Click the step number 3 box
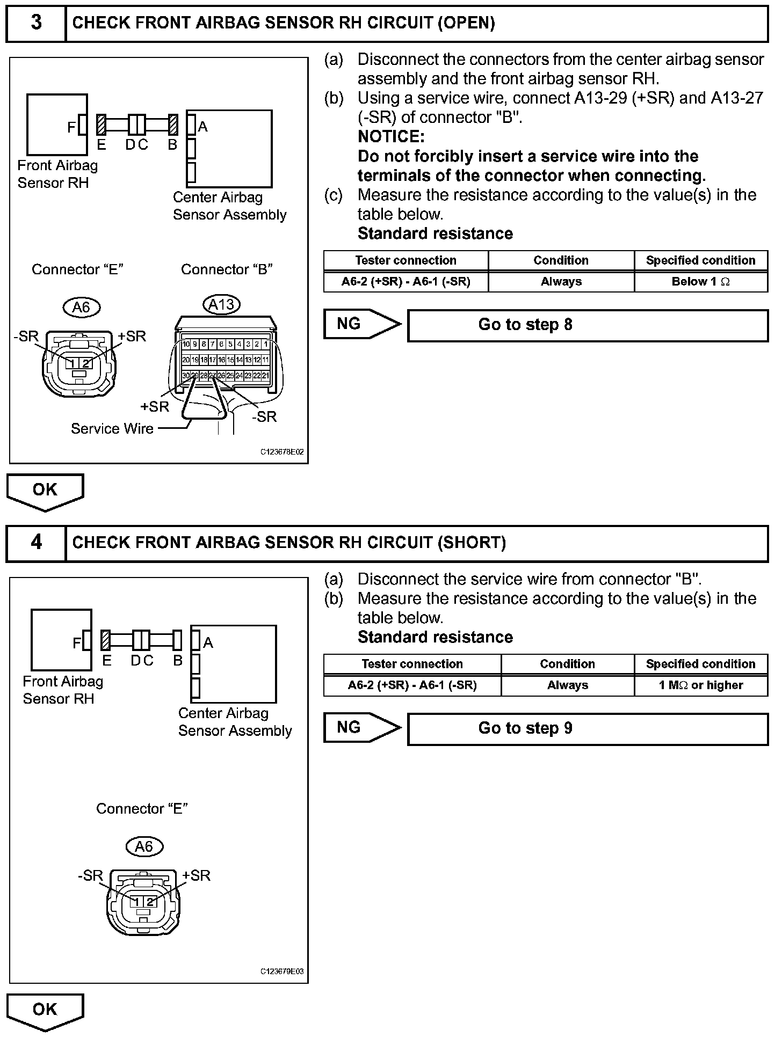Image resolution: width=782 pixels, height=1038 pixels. (36, 23)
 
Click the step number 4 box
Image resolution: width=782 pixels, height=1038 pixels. (36, 543)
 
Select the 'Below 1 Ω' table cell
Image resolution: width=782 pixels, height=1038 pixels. (700, 282)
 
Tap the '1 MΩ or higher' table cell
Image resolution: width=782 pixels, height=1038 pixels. (700, 685)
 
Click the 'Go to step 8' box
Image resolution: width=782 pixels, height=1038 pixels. (588, 325)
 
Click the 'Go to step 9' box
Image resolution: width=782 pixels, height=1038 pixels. (588, 729)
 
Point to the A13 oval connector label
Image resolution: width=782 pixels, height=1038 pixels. (221, 305)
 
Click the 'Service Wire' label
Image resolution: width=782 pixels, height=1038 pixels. (112, 428)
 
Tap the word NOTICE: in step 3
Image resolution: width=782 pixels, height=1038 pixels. (391, 137)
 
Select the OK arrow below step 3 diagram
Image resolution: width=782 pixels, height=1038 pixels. (45, 491)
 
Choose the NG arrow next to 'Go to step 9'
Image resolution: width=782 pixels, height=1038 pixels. (361, 728)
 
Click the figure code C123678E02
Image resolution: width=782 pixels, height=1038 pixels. (282, 452)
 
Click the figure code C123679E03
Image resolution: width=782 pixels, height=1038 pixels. (282, 971)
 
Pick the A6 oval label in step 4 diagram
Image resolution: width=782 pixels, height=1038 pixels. (144, 846)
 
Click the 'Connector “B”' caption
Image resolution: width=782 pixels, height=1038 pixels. (227, 269)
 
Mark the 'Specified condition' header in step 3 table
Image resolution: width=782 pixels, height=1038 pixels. (700, 261)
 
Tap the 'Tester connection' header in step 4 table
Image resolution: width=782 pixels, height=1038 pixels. (412, 664)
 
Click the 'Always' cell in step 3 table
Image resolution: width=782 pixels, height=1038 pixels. (561, 282)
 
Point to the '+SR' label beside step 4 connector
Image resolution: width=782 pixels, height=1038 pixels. (197, 875)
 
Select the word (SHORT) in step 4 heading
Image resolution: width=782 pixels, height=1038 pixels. (472, 543)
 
